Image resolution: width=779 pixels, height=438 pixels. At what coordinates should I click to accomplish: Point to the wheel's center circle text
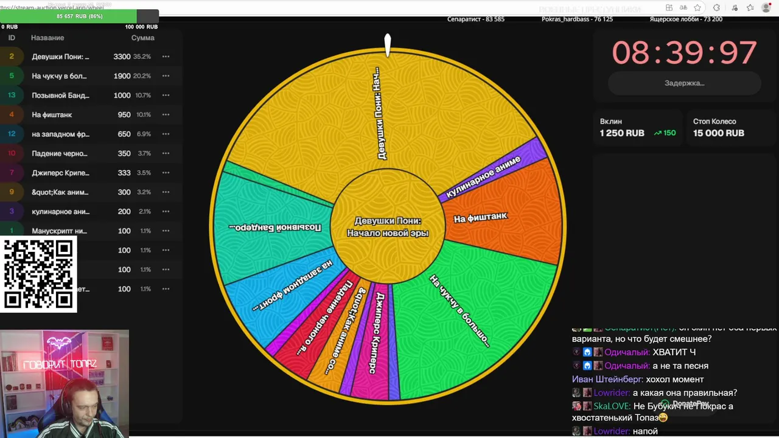click(388, 227)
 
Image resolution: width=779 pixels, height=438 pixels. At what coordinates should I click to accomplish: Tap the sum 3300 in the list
click(122, 57)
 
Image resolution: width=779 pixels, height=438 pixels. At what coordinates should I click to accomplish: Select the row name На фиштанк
click(52, 114)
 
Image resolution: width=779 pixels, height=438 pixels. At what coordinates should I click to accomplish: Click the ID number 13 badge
click(12, 96)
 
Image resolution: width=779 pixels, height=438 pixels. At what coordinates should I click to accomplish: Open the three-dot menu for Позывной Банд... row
click(166, 96)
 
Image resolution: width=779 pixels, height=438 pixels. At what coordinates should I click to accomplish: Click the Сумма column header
click(142, 38)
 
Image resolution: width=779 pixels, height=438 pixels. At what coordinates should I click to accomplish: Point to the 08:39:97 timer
click(684, 53)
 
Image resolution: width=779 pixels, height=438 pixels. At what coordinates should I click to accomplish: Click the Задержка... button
click(684, 83)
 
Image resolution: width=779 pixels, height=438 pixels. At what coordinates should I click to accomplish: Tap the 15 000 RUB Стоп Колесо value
click(718, 133)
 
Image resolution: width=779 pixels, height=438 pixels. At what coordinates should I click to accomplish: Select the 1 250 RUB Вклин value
click(621, 133)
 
